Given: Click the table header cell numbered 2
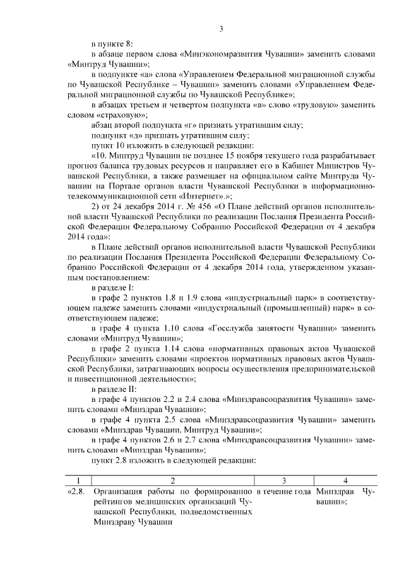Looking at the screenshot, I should pyautogui.click(x=172, y=479).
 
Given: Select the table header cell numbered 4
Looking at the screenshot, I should pyautogui.click(x=345, y=479).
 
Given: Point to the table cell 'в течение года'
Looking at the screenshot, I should pyautogui.click(x=283, y=491).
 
